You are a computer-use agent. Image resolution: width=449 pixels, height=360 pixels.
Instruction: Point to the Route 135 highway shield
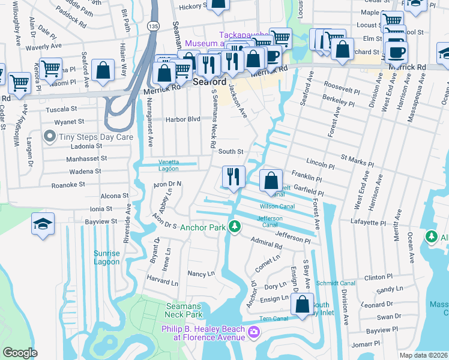154,26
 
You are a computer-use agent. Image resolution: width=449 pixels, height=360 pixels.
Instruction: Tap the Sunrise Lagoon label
107,257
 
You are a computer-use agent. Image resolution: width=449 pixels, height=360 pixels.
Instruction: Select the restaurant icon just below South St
233,176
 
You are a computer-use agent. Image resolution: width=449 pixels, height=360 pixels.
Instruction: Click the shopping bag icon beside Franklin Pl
271,179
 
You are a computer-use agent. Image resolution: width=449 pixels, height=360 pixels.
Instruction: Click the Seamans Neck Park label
184,310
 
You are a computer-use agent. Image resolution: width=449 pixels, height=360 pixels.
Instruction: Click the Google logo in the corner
20,353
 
